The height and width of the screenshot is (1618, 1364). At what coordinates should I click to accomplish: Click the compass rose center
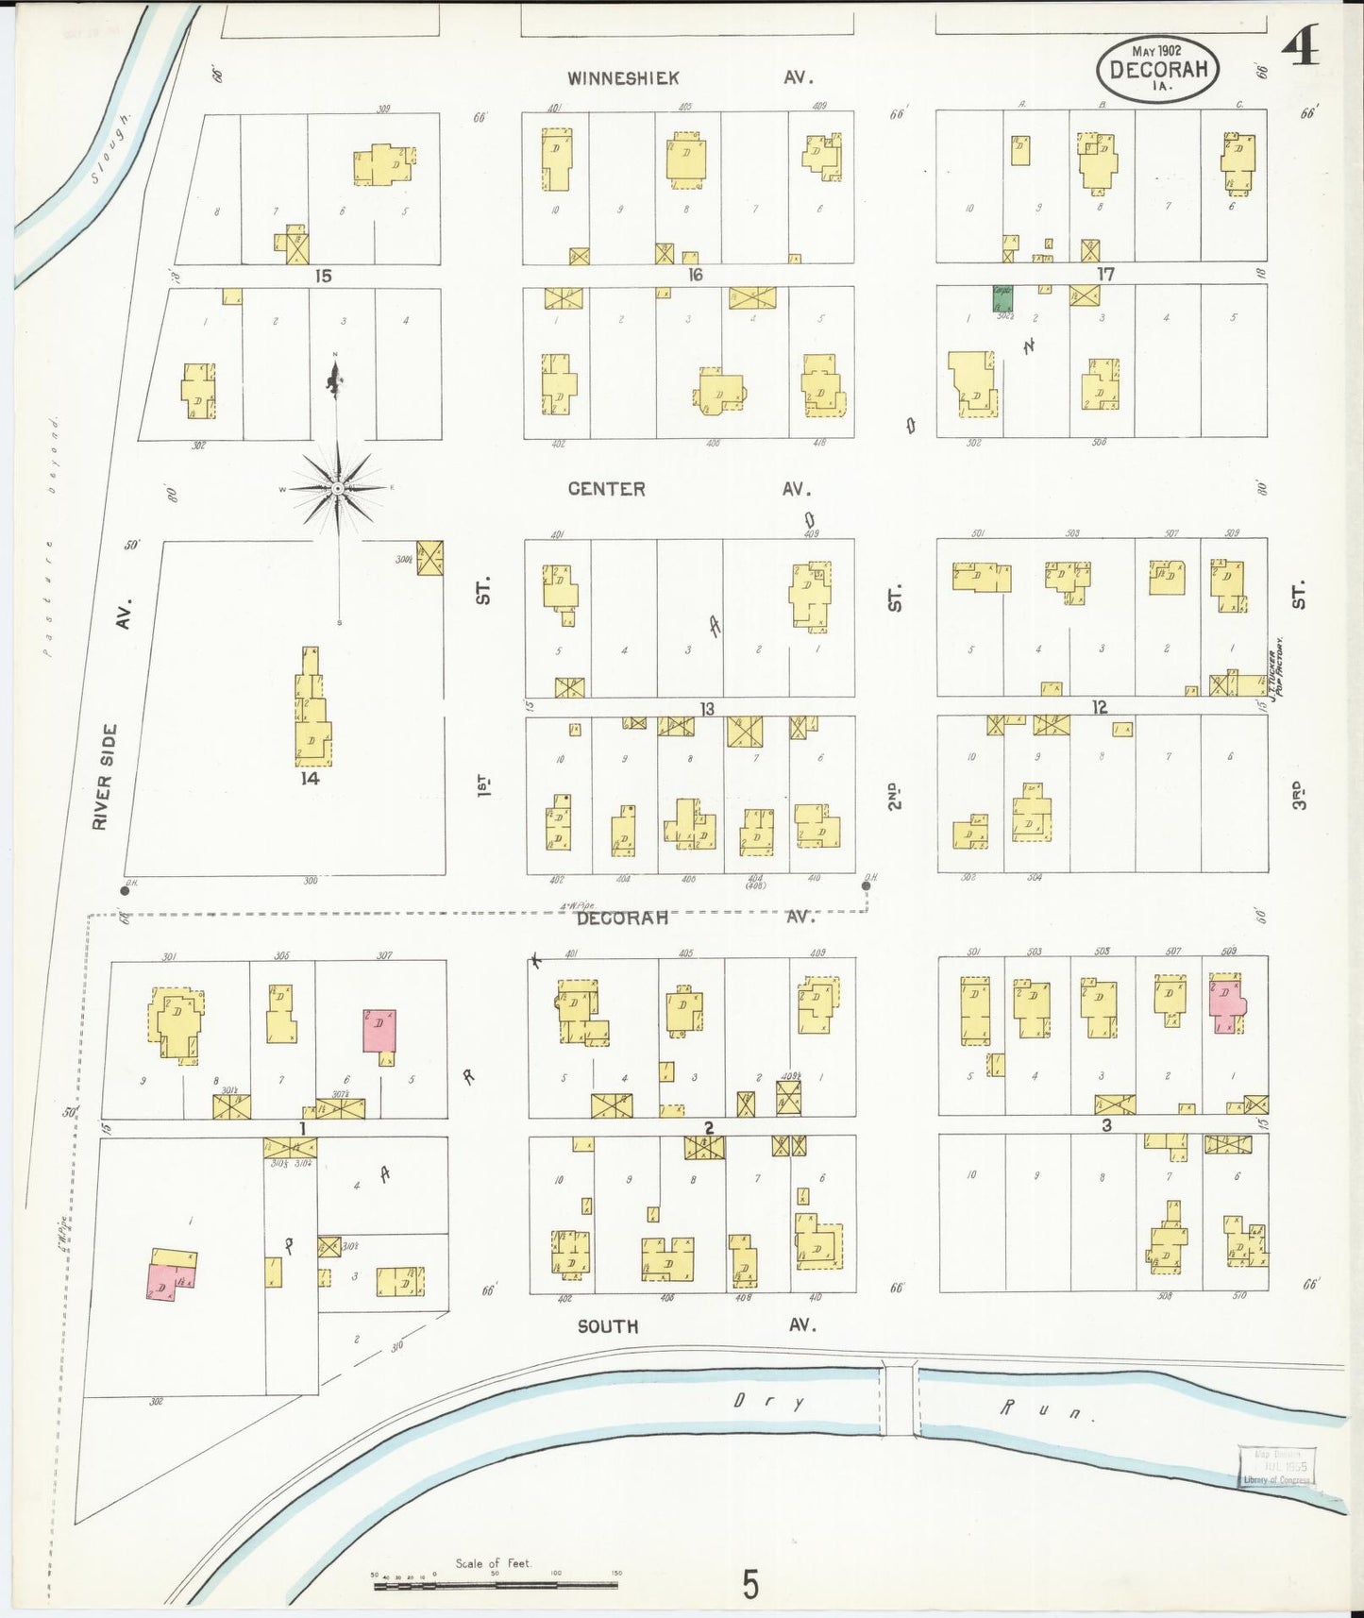coord(337,488)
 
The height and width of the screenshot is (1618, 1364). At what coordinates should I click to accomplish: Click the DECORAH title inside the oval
coord(1157,69)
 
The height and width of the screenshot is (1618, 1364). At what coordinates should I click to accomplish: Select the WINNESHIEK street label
coord(623,78)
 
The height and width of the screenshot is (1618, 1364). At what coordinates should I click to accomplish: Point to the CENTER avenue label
coord(606,489)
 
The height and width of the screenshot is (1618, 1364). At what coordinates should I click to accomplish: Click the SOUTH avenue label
coord(607,1326)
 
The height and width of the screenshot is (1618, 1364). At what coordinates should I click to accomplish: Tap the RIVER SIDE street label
coord(103,777)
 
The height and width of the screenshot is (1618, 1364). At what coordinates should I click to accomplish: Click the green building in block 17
coord(1002,298)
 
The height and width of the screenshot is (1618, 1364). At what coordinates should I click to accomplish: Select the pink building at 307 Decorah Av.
coord(379,1031)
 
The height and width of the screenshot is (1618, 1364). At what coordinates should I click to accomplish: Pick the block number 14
coord(310,779)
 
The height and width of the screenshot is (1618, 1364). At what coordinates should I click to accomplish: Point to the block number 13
coord(706,709)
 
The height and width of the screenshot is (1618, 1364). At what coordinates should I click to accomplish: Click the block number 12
coord(1100,707)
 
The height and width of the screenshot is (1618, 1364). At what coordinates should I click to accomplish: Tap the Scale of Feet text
coord(494,1564)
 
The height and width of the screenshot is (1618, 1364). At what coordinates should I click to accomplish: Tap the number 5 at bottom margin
coord(749,1585)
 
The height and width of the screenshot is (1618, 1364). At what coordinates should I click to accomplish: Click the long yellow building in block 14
coord(312,708)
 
